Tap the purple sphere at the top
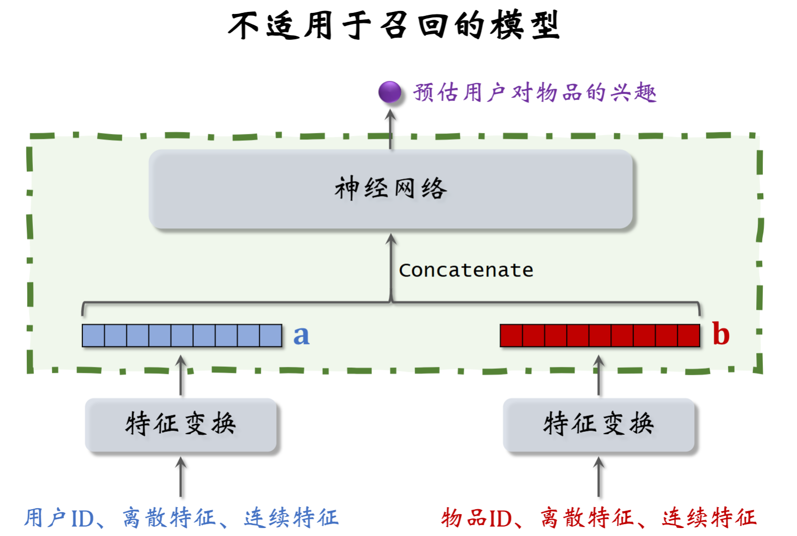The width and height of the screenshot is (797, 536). pyautogui.click(x=389, y=92)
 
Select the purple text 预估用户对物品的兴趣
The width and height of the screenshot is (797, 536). pyautogui.click(x=534, y=93)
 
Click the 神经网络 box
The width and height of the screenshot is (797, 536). pyautogui.click(x=390, y=189)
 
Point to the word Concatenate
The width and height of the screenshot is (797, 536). pyautogui.click(x=466, y=270)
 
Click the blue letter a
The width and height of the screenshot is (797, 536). pyautogui.click(x=301, y=335)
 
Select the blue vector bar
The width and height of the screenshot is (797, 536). pyautogui.click(x=182, y=335)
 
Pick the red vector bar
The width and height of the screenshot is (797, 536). pyautogui.click(x=599, y=335)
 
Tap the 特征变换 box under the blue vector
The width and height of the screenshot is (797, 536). pyautogui.click(x=181, y=425)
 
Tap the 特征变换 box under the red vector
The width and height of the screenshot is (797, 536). pyautogui.click(x=598, y=425)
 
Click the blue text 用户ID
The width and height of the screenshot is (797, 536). pyautogui.click(x=59, y=518)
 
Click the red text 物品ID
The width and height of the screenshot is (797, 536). pyautogui.click(x=476, y=518)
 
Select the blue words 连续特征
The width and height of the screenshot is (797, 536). pyautogui.click(x=291, y=518)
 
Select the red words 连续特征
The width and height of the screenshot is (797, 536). pyautogui.click(x=709, y=518)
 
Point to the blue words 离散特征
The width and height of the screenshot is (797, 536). pyautogui.click(x=169, y=518)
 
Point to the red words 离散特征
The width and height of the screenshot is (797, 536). pyautogui.click(x=587, y=518)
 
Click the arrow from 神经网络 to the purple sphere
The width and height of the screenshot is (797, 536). pyautogui.click(x=391, y=129)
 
